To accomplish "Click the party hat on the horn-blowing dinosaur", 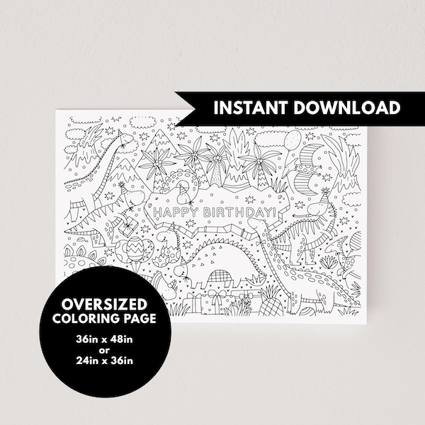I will pyautogui.click(x=325, y=193).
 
